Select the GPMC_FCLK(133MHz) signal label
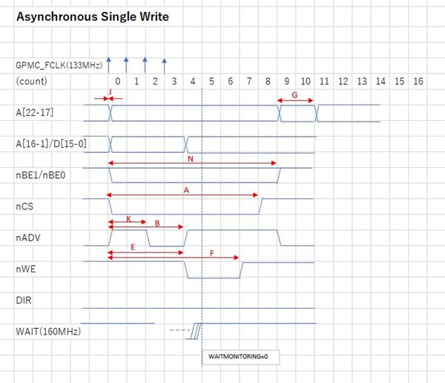click(59, 65)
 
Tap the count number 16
click(418, 81)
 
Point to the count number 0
click(118, 81)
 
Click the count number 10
click(306, 81)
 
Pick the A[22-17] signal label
click(35, 113)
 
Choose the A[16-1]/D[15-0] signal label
click(51, 144)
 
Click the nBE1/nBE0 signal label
click(41, 175)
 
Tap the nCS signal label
click(24, 206)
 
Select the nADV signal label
click(28, 238)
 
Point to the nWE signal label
click(26, 269)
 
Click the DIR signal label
click(24, 300)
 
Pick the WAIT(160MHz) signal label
click(48, 331)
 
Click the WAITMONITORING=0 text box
click(240, 357)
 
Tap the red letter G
click(294, 95)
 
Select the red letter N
click(191, 159)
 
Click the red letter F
click(211, 253)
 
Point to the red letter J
click(110, 92)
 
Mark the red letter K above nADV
click(128, 219)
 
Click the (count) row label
click(31, 81)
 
